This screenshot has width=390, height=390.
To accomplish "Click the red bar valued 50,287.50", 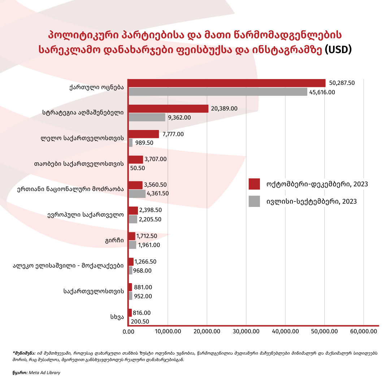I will tap(227, 83).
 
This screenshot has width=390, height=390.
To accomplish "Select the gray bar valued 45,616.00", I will tap(218, 92).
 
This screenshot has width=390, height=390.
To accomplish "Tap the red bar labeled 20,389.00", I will tap(168, 109).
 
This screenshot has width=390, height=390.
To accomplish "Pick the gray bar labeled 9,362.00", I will tap(147, 117).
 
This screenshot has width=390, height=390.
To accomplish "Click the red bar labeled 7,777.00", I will tap(144, 134).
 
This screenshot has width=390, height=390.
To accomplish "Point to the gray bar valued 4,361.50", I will tap(137, 194).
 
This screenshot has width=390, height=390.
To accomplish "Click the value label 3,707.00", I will tap(155, 159).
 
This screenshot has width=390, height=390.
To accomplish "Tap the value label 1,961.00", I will tap(149, 245).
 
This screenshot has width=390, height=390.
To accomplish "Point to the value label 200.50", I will tap(140, 322).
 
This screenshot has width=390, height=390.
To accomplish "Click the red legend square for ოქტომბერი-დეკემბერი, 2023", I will tap(255, 184).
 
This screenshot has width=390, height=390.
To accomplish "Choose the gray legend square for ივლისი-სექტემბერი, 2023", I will tap(255, 201).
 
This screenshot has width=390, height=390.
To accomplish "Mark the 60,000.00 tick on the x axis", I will tap(363, 331).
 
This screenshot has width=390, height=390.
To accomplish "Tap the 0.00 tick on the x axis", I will tap(129, 331).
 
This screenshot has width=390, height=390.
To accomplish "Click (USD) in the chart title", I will tap(338, 49).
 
